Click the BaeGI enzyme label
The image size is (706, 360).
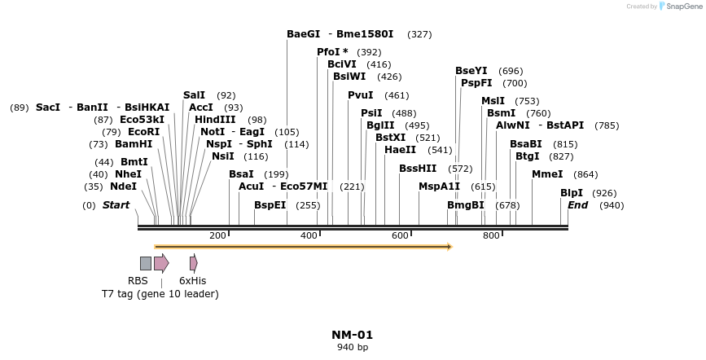tap(303, 34)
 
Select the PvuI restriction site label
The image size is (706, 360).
tap(360, 95)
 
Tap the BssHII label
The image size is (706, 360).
tap(418, 169)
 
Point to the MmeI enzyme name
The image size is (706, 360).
tap(547, 174)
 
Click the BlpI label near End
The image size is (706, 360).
tap(572, 193)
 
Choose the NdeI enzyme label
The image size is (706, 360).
tap(123, 187)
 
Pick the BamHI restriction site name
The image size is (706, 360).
tap(134, 144)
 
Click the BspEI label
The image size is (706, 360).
tap(270, 205)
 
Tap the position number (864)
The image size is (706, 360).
tap(585, 174)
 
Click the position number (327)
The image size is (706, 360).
tap(419, 34)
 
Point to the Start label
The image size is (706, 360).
tap(116, 205)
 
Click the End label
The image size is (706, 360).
tap(577, 205)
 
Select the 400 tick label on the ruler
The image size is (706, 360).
tap(309, 235)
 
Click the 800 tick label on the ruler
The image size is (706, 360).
tap(491, 235)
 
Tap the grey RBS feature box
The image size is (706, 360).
tap(145, 263)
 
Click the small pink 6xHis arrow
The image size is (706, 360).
tap(193, 263)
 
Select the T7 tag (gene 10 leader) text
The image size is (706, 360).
tap(160, 293)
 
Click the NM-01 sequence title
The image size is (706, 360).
tap(352, 335)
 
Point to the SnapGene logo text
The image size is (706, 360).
tap(682, 7)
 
